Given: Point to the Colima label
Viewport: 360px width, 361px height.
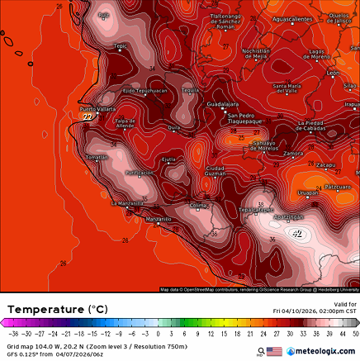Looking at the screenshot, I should [198, 205].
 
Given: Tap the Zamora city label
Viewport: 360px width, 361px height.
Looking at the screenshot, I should [293, 154].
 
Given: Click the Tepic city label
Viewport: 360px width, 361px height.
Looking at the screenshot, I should [121, 46].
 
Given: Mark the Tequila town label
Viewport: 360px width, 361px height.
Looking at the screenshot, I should [191, 89].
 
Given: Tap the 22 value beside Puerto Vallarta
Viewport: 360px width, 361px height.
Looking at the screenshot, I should [88, 117].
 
